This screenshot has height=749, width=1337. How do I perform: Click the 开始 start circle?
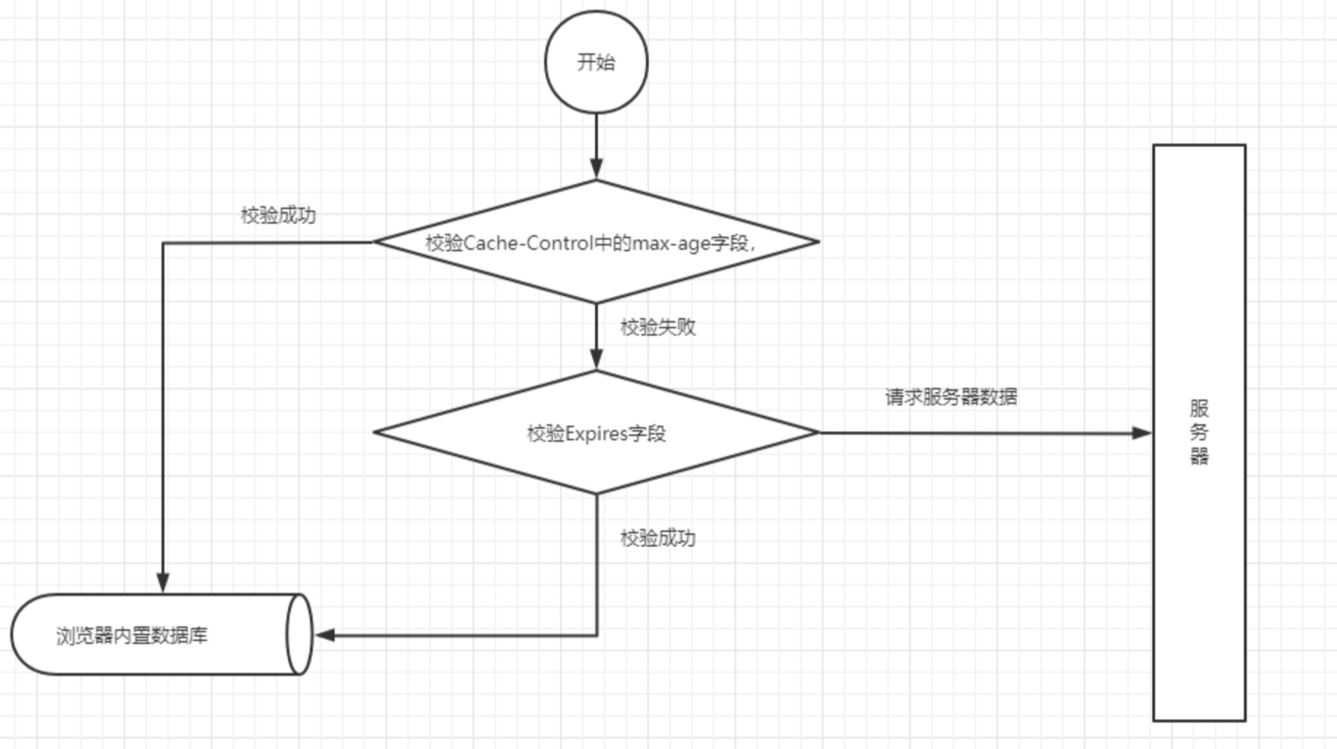[x=596, y=62]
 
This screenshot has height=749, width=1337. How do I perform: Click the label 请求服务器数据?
[x=951, y=397]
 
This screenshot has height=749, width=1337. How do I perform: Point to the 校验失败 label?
[x=658, y=327]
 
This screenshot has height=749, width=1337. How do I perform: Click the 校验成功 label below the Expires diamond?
[x=658, y=538]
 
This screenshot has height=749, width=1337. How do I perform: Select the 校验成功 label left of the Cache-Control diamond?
[x=278, y=215]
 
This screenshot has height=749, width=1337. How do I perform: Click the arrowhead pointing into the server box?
[x=1142, y=433]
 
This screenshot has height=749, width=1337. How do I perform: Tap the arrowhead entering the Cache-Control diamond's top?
[x=596, y=169]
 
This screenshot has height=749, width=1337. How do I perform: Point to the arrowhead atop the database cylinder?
[x=163, y=582]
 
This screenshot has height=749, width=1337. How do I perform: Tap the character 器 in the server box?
[x=1199, y=456]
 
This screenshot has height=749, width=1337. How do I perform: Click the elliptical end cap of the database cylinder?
[x=300, y=635]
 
